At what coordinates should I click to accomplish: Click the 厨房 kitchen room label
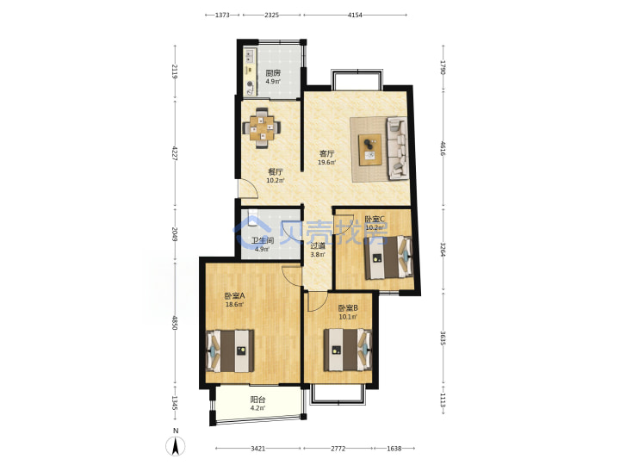(273, 73)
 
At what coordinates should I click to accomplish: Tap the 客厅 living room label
(327, 154)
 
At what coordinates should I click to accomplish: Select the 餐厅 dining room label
(276, 172)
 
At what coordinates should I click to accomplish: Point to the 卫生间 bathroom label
(263, 240)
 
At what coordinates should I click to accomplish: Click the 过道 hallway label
(318, 246)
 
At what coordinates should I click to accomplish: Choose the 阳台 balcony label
(257, 400)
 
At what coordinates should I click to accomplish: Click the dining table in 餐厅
(262, 128)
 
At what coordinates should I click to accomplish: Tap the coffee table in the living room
(370, 150)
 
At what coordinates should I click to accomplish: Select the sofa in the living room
(397, 148)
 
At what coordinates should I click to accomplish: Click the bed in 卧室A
(230, 350)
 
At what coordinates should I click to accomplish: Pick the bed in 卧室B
(348, 350)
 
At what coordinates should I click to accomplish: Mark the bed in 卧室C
(388, 257)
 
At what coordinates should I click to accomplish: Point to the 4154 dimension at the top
(355, 15)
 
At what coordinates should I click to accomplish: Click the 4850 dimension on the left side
(175, 323)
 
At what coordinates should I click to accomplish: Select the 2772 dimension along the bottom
(338, 449)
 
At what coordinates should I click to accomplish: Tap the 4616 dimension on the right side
(443, 148)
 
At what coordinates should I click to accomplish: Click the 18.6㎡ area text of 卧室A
(234, 305)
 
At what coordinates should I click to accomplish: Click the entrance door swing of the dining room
(248, 188)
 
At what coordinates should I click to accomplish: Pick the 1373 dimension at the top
(222, 15)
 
